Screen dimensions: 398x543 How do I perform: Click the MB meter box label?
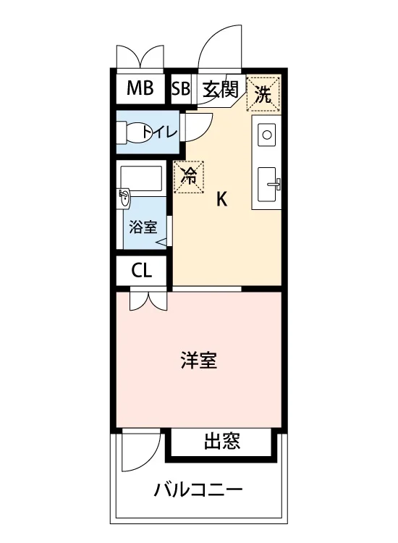[x=140, y=88]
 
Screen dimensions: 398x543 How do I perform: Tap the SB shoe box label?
[x=181, y=88]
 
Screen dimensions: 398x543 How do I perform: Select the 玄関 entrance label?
[x=221, y=90]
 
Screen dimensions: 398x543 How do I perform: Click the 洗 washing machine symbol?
[x=263, y=94]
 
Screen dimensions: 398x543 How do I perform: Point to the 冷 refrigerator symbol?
[x=189, y=177]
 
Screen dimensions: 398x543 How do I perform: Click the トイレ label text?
[x=160, y=132]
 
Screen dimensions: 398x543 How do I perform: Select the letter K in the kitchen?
[x=221, y=199]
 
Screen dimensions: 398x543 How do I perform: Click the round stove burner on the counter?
[x=267, y=135]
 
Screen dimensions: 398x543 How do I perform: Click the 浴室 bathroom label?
[x=143, y=227]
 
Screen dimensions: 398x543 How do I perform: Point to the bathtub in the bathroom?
[x=141, y=178]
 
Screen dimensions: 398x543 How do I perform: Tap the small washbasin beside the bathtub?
[x=123, y=199]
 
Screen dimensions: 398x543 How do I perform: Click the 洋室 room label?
[x=199, y=360]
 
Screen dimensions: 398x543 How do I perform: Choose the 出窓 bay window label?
[x=222, y=440]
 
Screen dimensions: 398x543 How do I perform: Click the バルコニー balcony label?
[x=198, y=489]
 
